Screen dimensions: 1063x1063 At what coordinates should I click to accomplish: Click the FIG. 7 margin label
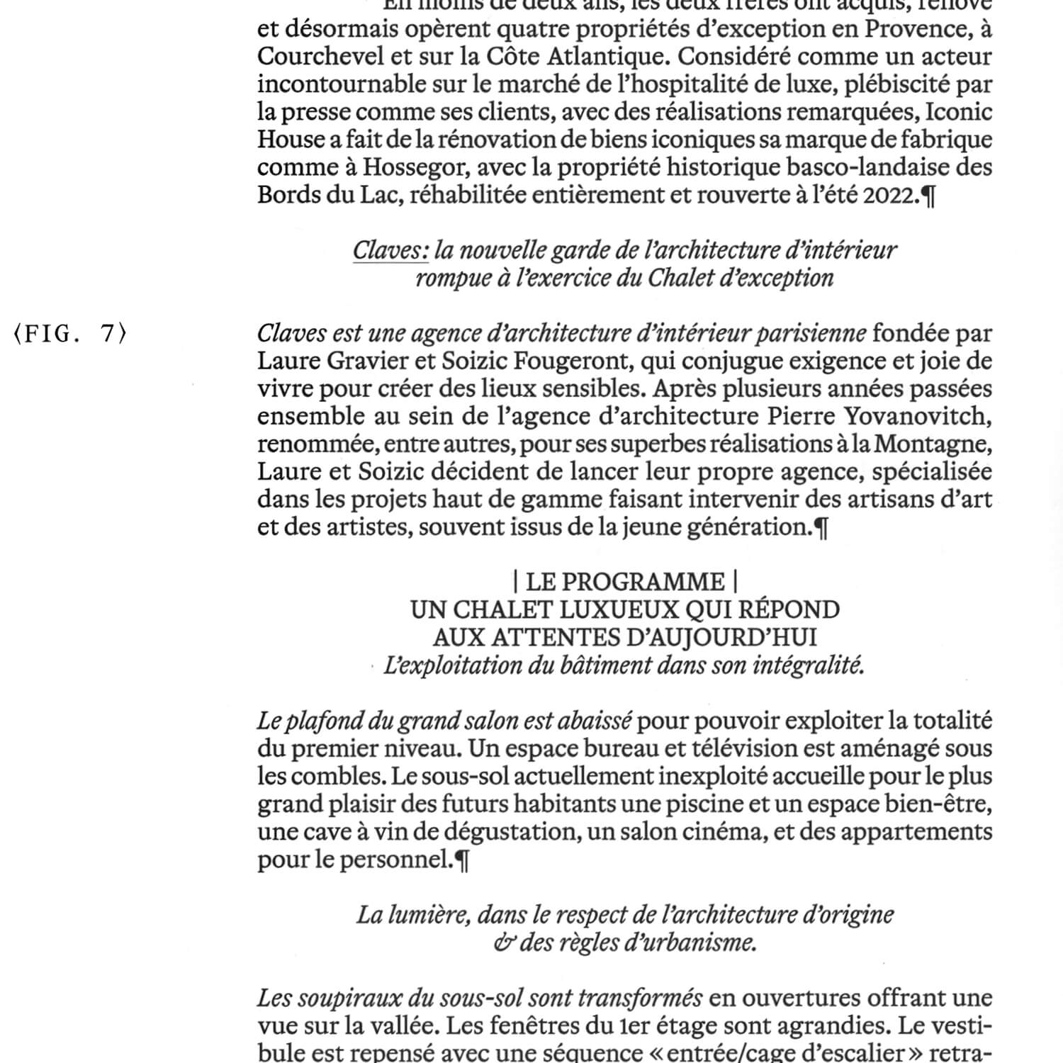pos(69,334)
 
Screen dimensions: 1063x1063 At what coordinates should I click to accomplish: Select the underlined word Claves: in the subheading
pos(390,250)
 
